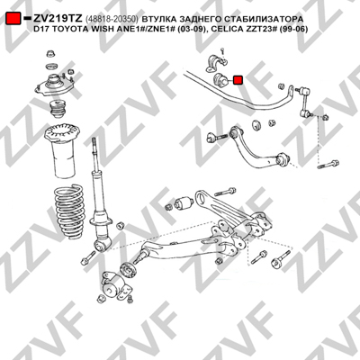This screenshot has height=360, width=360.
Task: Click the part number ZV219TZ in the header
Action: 58,19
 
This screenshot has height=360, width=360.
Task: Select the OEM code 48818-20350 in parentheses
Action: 112,19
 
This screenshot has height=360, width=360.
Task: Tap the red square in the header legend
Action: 13,19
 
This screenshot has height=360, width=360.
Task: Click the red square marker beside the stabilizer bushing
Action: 238,80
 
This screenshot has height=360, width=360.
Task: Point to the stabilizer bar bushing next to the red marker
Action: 220,79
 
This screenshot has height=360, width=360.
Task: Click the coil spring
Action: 68,210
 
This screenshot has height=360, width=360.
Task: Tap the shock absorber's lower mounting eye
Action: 101,247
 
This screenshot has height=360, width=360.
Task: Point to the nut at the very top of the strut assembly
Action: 50,54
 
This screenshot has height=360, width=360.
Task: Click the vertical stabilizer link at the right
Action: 306,102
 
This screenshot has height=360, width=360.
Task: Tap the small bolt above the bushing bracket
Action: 222,50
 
